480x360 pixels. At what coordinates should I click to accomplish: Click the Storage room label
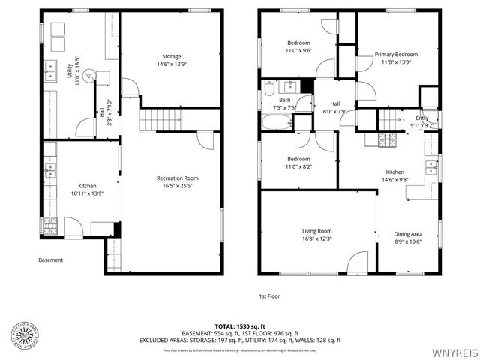[172, 61]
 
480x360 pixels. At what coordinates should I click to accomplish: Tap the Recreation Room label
[177, 182]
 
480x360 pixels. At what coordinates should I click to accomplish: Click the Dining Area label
[408, 237]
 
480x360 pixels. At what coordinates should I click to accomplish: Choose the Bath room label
[285, 103]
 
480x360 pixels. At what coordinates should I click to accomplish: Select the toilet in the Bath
[268, 90]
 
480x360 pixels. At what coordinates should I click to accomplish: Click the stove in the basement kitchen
[50, 224]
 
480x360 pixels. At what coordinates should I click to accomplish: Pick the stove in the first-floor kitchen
[387, 139]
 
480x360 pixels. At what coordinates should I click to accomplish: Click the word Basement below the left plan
[51, 260]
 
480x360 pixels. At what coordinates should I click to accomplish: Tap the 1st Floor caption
[269, 295]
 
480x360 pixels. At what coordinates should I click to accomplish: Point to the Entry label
[422, 122]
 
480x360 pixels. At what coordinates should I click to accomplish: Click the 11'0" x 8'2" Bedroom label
[298, 163]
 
